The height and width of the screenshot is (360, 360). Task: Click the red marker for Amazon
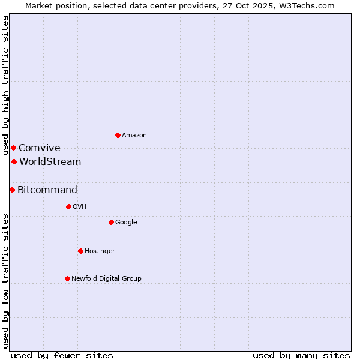118,135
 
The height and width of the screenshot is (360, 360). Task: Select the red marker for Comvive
13,148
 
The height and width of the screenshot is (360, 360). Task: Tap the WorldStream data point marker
14,161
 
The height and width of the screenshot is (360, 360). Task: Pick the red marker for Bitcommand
12,190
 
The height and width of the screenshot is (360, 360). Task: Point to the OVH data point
68,206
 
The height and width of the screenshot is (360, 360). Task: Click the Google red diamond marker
111,222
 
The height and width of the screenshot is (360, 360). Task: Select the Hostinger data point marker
80,251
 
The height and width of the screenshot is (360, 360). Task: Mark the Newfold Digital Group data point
67,278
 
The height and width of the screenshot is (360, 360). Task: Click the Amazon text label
134,136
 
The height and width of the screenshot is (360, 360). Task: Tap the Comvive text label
40,148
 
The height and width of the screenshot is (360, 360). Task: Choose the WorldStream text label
50,162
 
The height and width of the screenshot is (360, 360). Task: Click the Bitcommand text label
47,190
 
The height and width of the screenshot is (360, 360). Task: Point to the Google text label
126,223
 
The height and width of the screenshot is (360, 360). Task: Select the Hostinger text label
100,251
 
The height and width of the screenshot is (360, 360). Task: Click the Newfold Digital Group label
106,279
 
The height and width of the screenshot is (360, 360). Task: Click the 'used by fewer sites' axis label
62,356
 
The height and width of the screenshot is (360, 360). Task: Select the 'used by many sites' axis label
301,356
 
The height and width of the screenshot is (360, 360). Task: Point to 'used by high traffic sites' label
5,86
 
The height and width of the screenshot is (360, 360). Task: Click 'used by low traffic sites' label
5,281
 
